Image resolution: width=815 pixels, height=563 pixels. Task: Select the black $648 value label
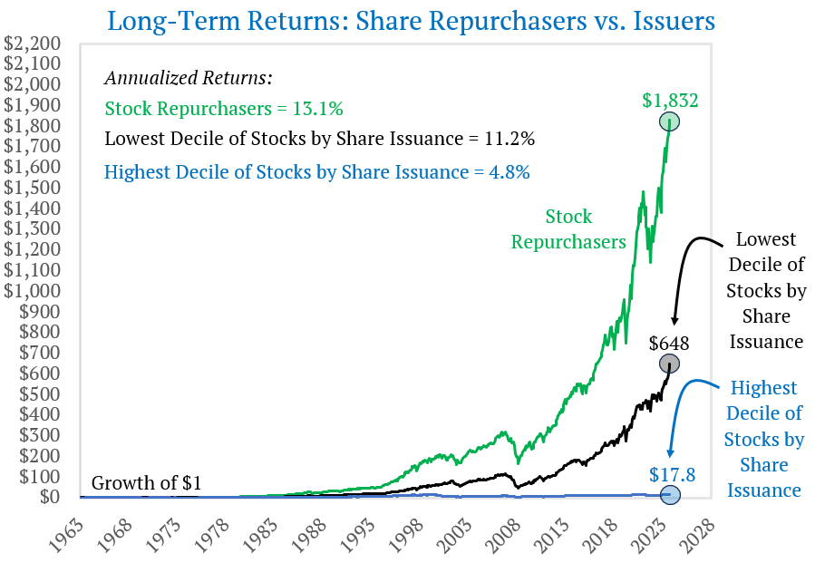coord(669,344)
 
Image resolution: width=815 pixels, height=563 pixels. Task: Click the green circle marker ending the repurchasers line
coord(670,122)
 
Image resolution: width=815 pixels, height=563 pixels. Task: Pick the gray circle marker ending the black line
coord(670,364)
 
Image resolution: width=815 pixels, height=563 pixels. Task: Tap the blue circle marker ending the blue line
coord(670,493)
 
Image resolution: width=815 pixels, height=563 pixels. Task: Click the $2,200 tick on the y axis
coord(33,44)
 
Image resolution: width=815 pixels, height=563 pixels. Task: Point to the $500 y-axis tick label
coord(37,393)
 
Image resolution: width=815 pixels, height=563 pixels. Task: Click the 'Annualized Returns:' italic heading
coord(189,78)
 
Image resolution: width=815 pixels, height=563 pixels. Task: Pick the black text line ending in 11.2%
coord(319,140)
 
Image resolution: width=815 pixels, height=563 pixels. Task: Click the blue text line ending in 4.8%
coord(317,170)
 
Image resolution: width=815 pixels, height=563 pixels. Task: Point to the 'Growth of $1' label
coord(146,482)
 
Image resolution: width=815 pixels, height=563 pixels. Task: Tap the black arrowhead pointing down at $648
coord(674,321)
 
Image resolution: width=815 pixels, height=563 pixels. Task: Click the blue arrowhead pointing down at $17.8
coord(671,453)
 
